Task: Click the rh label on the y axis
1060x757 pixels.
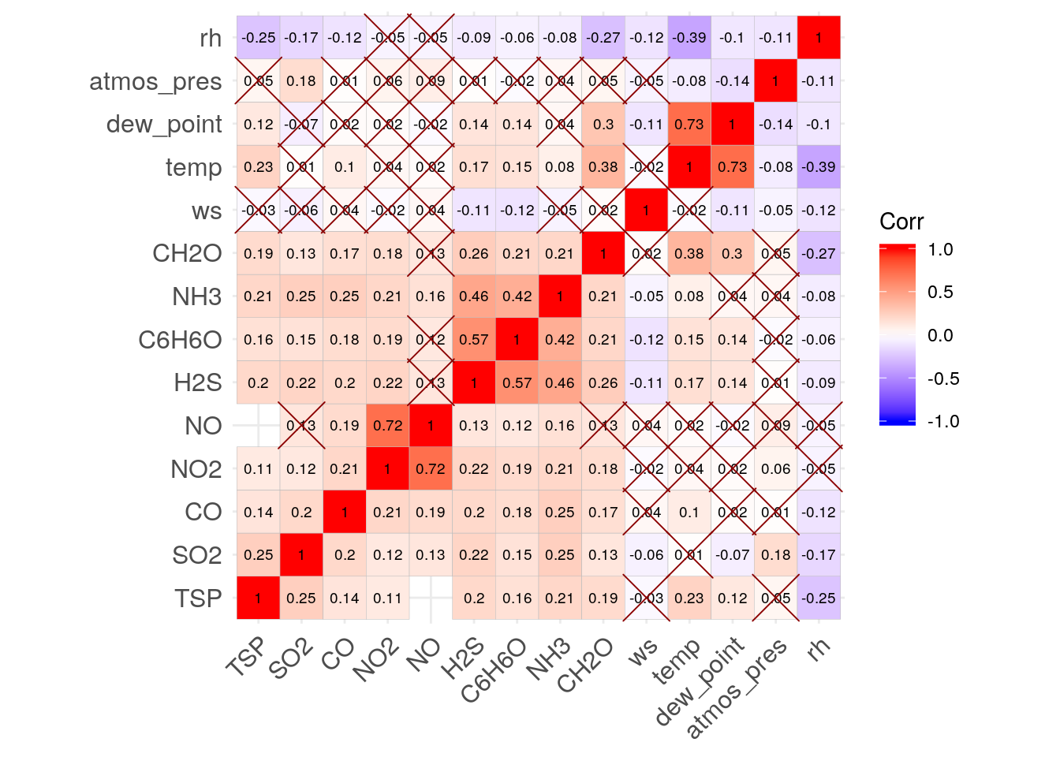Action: [x=211, y=38]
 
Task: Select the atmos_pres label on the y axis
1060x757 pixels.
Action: [x=155, y=81]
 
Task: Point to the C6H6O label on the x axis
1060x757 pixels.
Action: [x=495, y=670]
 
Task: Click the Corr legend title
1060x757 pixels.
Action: [x=901, y=222]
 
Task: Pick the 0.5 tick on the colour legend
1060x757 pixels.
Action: [x=941, y=293]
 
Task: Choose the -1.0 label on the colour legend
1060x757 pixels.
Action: [x=942, y=421]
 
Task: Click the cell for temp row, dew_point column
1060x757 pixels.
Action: [x=733, y=167]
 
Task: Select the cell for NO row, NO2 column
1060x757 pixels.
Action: [x=388, y=426]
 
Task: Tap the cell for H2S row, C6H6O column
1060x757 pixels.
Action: [x=517, y=383]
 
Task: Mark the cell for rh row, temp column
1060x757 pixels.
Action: [x=689, y=38]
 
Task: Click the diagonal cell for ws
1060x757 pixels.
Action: [x=646, y=211]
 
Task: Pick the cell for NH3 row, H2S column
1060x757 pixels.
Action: [x=474, y=296]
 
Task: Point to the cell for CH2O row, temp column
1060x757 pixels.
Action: [x=689, y=254]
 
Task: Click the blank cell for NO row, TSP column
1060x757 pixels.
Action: [x=259, y=426]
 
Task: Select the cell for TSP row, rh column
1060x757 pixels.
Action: [x=819, y=599]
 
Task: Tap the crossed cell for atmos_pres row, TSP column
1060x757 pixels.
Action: [x=259, y=81]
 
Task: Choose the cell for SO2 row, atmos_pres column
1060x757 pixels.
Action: [x=776, y=555]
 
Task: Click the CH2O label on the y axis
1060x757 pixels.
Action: [x=187, y=254]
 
